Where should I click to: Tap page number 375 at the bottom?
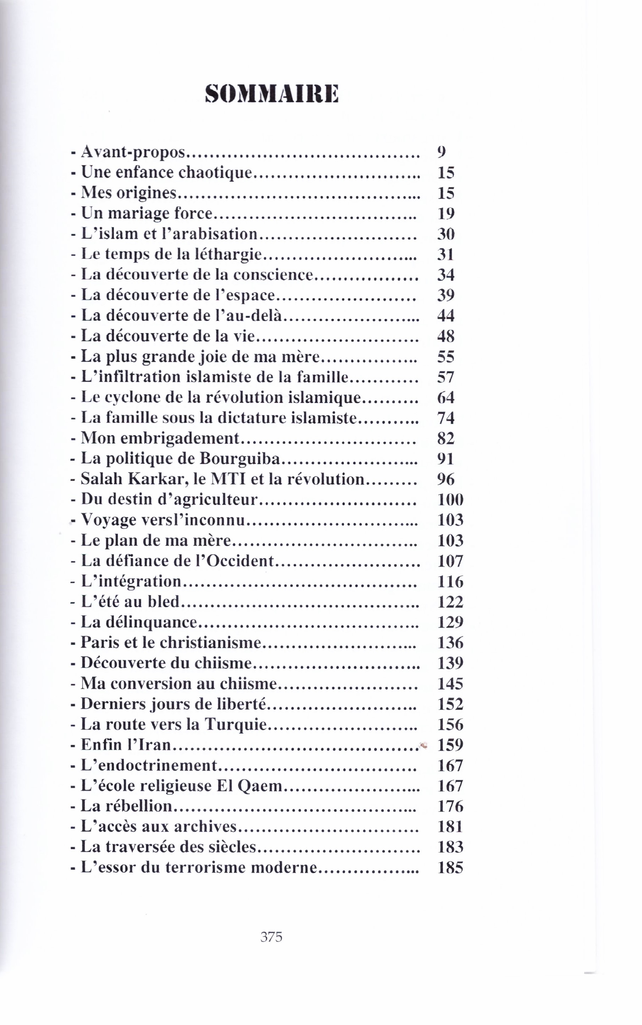[271, 936]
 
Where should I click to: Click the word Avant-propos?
[133, 152]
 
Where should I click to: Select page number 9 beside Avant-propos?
[441, 152]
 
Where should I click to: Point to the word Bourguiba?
[240, 458]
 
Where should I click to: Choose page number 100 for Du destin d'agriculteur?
[450, 499]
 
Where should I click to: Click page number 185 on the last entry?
[450, 867]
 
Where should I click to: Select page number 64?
[446, 397]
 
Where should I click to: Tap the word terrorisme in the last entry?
[205, 867]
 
